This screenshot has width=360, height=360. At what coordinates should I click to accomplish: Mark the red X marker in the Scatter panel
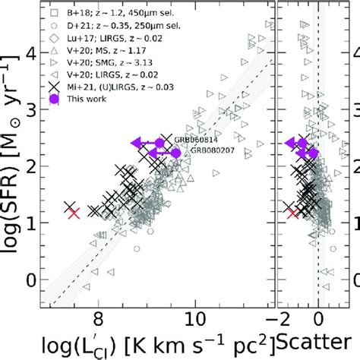(293, 213)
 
